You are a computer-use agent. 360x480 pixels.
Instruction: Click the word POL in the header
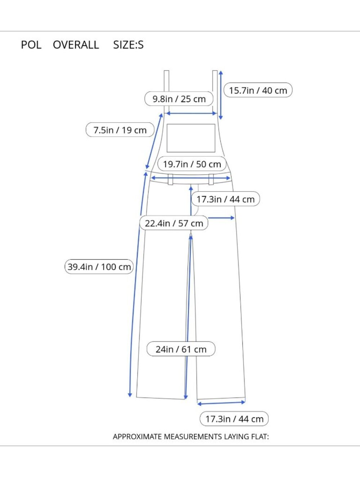pyautogui.click(x=31, y=45)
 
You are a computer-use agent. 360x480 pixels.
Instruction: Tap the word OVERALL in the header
pyautogui.click(x=76, y=45)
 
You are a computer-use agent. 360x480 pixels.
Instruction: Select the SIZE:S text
pyautogui.click(x=128, y=45)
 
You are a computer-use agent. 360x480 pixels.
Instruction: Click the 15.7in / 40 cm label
pyautogui.click(x=258, y=90)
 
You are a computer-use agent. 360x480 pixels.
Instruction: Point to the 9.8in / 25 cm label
pyautogui.click(x=179, y=99)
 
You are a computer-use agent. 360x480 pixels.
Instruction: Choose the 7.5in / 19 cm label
pyautogui.click(x=120, y=130)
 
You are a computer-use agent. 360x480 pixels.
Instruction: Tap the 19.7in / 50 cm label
pyautogui.click(x=192, y=164)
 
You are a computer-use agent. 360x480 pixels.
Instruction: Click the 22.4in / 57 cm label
pyautogui.click(x=174, y=223)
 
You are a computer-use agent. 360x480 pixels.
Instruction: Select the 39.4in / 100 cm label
pyautogui.click(x=99, y=266)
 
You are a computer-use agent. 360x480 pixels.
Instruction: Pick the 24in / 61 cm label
pyautogui.click(x=181, y=349)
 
